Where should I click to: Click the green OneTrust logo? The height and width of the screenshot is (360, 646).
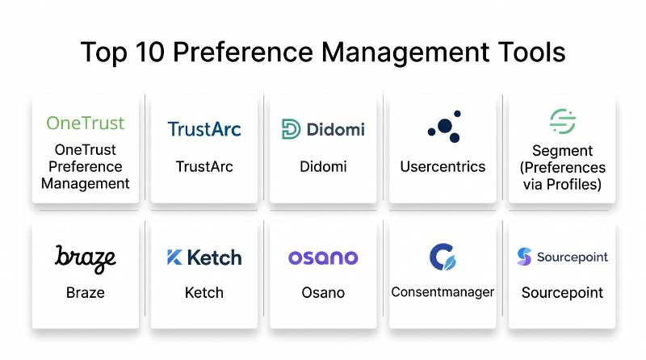click(86, 123)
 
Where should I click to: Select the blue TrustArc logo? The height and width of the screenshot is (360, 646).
click(204, 129)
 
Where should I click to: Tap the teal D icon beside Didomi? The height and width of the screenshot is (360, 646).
click(291, 129)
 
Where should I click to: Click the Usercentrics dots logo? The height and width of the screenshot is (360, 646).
click(444, 127)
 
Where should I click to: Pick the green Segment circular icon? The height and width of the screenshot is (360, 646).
click(563, 122)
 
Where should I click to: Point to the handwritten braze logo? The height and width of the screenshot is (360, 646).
click(86, 258)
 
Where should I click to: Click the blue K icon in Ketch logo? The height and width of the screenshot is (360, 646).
click(174, 257)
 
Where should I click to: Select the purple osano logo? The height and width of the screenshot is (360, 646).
click(323, 257)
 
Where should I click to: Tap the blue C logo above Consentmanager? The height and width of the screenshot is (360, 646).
click(443, 257)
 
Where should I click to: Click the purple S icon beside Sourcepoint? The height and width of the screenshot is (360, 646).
click(524, 257)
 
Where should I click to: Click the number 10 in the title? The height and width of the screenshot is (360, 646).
click(150, 52)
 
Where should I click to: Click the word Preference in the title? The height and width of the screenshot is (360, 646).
click(243, 52)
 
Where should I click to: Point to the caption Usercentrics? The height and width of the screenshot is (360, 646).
click(443, 167)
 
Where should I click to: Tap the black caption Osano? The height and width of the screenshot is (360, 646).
click(323, 293)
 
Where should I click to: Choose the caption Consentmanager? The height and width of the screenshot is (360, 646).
click(443, 292)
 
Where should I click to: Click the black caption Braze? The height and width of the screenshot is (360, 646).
click(86, 293)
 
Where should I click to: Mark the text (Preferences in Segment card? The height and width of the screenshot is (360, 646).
click(563, 168)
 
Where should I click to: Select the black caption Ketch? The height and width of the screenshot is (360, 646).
click(204, 293)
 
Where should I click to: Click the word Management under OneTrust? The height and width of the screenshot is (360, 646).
click(86, 184)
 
